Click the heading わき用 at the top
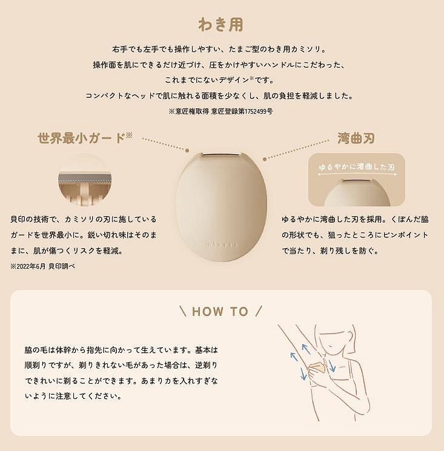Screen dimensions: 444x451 (x=220, y=24)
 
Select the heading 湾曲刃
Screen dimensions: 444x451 (x=356, y=139)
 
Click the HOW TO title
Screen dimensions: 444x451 (x=220, y=312)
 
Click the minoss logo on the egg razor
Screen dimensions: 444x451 (x=222, y=245)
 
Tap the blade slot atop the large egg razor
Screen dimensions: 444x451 (x=220, y=155)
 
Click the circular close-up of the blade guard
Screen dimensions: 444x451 (x=85, y=180)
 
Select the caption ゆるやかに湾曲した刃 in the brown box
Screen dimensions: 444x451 (x=357, y=167)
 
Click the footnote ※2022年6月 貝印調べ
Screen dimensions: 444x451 (x=43, y=266)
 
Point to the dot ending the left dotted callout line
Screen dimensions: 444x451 (x=187, y=150)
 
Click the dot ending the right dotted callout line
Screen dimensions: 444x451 (x=265, y=159)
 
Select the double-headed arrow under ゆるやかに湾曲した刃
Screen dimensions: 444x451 (x=357, y=174)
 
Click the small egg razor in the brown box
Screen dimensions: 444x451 (x=357, y=192)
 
